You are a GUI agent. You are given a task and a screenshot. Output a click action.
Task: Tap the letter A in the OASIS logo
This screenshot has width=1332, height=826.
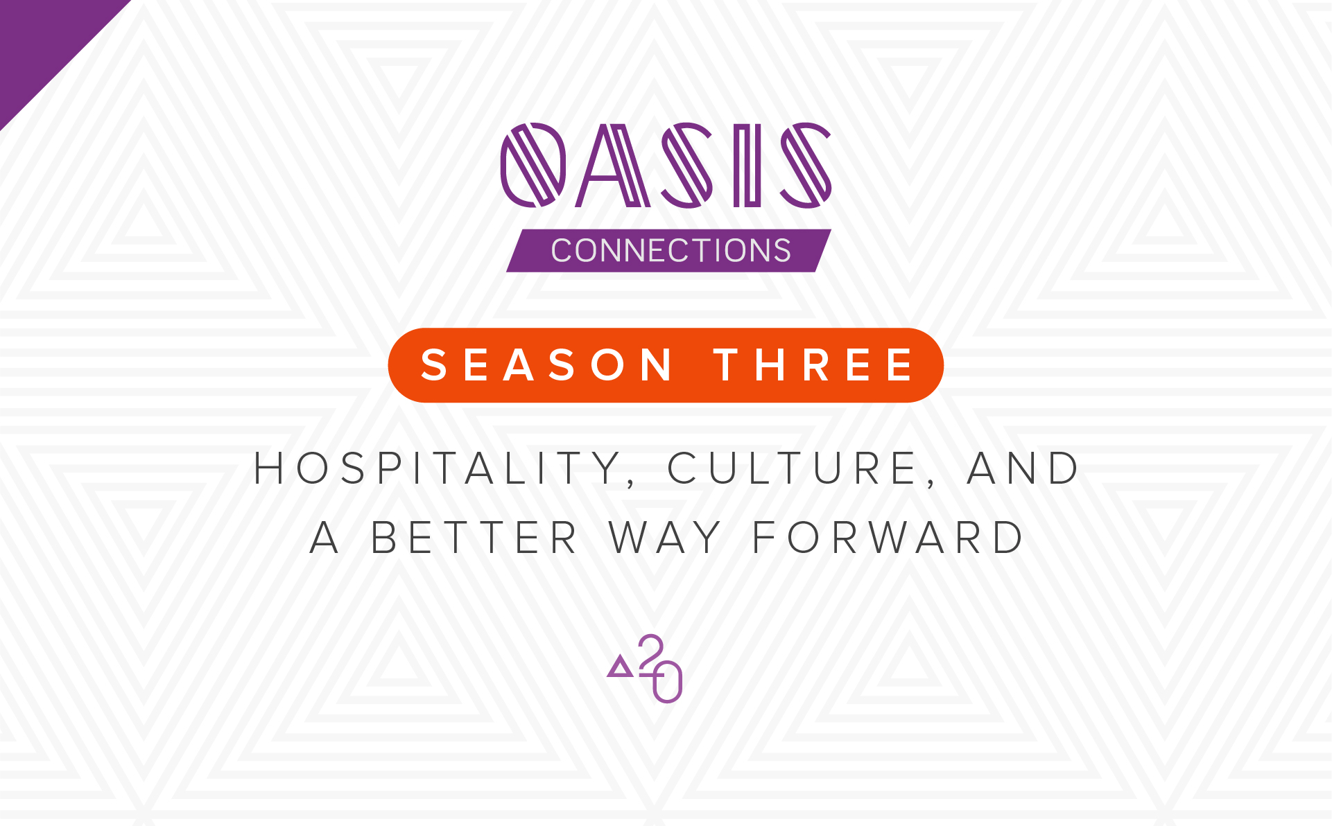pos(613,165)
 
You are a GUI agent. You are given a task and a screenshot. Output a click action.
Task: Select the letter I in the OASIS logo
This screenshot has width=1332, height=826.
pos(747,165)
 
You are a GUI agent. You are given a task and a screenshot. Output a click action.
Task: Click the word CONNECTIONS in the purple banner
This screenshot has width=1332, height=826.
pos(671,250)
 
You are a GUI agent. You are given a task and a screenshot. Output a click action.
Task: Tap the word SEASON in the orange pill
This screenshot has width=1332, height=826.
pos(547,365)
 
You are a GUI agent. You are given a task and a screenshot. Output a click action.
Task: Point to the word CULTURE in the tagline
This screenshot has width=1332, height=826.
pos(793,468)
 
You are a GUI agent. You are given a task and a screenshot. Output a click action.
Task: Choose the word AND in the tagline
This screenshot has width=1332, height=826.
pos(1023,468)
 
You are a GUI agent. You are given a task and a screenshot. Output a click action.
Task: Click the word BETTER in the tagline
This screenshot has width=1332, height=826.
pos(474,538)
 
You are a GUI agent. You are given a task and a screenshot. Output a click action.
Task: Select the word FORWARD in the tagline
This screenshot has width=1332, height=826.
pos(888,538)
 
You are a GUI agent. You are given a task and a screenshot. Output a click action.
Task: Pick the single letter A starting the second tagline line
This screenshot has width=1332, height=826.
pos(325,538)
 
